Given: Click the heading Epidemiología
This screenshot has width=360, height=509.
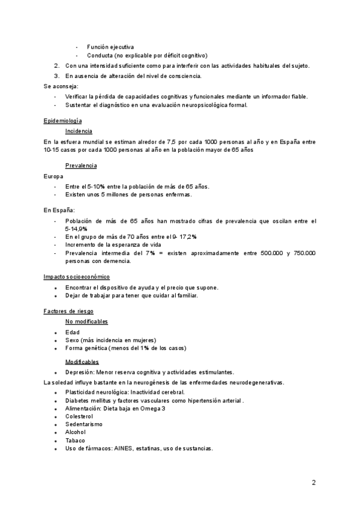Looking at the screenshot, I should pos(62,121).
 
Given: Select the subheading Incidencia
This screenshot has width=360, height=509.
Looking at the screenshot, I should pos(78,131).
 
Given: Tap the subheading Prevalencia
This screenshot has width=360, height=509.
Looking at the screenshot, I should pos(81,165).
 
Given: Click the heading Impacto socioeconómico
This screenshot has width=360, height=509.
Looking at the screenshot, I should pos(76,277).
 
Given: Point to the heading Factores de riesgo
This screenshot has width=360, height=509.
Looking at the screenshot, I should pos(68,311).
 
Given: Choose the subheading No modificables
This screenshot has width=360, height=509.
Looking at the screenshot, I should pos(86,322).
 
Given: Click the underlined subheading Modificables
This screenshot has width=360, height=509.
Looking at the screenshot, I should pos(82,362).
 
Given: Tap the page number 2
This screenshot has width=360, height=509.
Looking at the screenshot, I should pos(314,482).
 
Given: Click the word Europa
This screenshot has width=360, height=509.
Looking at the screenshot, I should pos(53,176).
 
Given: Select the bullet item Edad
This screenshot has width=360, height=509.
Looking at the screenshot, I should pos(72,333).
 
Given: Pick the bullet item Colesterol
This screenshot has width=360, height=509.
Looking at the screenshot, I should pos(79,415).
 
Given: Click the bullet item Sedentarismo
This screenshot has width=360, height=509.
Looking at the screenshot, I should pos(83,424).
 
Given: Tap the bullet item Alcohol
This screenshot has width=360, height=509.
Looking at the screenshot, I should pos(75,432).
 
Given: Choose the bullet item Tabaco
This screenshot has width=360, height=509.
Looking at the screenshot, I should pos(75,441).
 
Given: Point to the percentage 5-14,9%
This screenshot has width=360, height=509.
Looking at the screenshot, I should pos(76,229).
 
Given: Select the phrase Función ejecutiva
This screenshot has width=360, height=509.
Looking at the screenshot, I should pos(110,47).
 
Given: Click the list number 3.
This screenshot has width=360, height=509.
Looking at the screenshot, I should pos(56,76).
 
